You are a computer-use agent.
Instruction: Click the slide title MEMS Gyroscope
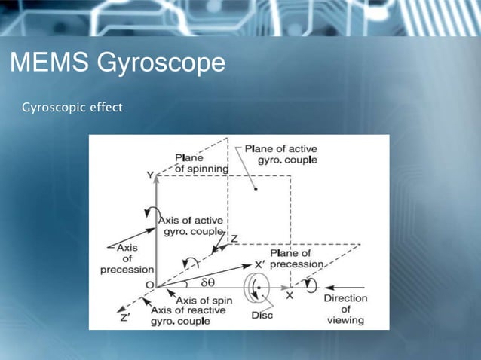pyautogui.click(x=117, y=63)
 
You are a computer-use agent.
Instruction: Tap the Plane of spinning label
pyautogui.click(x=201, y=163)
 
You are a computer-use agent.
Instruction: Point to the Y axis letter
pyautogui.click(x=150, y=175)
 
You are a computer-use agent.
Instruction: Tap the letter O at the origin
pyautogui.click(x=149, y=285)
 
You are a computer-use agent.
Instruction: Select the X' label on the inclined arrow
pyautogui.click(x=259, y=264)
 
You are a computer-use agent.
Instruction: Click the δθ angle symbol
pyautogui.click(x=207, y=283)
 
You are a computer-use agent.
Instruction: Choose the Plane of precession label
pyautogui.click(x=296, y=258)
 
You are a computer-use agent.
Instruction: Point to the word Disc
pyautogui.click(x=262, y=315)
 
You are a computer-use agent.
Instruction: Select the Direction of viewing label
pyautogui.click(x=346, y=309)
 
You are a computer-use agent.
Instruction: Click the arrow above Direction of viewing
pyautogui.click(x=344, y=287)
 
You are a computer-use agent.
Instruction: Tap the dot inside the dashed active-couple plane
pyautogui.click(x=256, y=189)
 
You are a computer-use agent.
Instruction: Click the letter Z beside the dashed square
pyautogui.click(x=234, y=239)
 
